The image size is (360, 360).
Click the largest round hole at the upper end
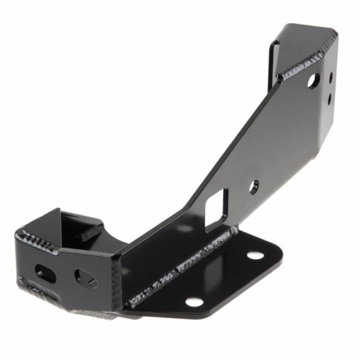(x=312, y=80)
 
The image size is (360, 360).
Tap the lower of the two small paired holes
(x=330, y=98)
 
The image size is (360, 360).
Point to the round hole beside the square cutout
(x=254, y=186)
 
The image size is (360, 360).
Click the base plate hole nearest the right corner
(x=255, y=255)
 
